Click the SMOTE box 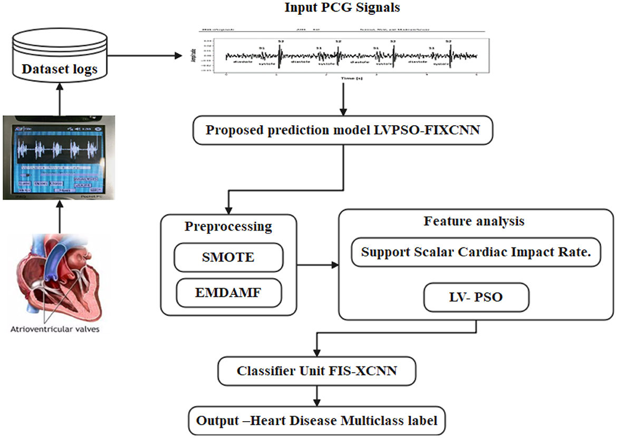[228, 258]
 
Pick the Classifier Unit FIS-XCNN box [316, 371]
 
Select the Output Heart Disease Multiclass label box [316, 421]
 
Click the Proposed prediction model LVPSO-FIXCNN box [342, 130]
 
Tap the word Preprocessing [228, 226]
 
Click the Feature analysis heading [474, 221]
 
